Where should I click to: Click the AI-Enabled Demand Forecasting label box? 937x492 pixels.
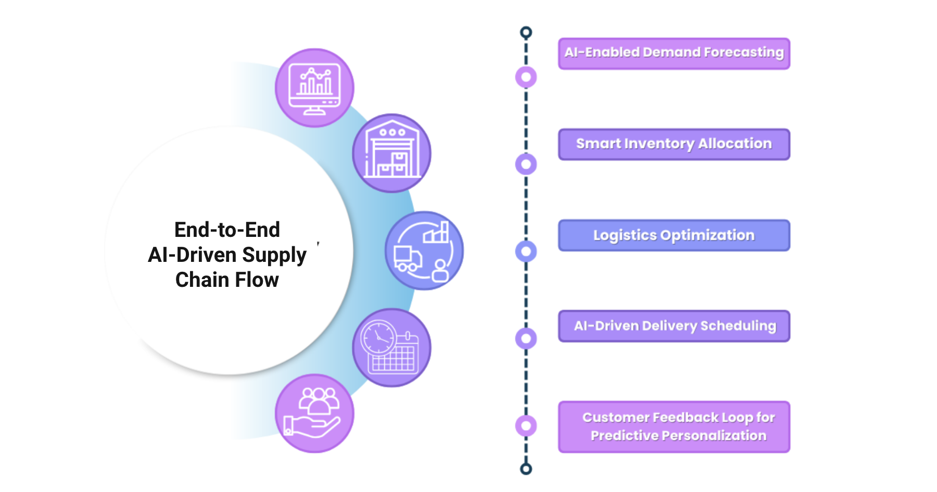point(674,53)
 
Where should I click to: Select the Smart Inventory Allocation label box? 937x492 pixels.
point(674,144)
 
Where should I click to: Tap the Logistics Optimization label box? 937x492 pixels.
point(674,235)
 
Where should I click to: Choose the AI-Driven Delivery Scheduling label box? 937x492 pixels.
point(674,326)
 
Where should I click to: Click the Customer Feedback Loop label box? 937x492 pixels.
point(674,427)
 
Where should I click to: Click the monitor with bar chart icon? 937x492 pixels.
point(314,88)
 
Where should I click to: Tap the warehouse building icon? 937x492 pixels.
point(392,153)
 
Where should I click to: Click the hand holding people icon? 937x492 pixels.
point(314,413)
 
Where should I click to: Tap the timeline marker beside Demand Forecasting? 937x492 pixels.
point(526,77)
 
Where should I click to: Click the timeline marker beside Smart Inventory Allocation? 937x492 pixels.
point(526,165)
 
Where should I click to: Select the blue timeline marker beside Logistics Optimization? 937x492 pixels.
point(526,251)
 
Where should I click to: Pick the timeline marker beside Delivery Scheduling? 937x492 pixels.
point(526,338)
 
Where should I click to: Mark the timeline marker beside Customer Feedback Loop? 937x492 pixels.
point(526,426)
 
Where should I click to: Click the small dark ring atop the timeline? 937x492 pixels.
point(526,33)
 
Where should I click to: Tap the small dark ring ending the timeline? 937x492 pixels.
point(526,469)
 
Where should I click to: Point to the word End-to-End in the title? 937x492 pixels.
point(227,230)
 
